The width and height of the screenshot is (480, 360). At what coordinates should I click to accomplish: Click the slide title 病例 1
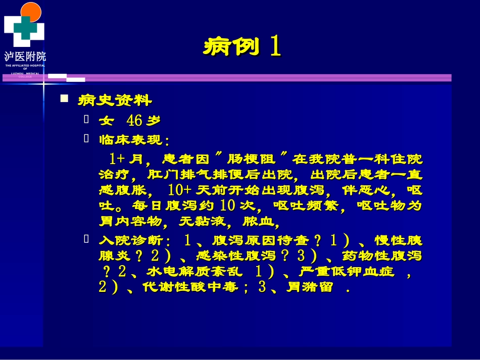click(242, 47)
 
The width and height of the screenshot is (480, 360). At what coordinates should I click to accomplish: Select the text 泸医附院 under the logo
click(25, 56)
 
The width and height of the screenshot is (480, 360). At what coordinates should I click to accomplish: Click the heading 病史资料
click(115, 100)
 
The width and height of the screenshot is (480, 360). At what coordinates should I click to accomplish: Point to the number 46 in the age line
click(134, 121)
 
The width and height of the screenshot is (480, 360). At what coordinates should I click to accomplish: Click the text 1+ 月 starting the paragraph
click(126, 160)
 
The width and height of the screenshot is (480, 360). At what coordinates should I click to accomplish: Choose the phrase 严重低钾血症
click(346, 272)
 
